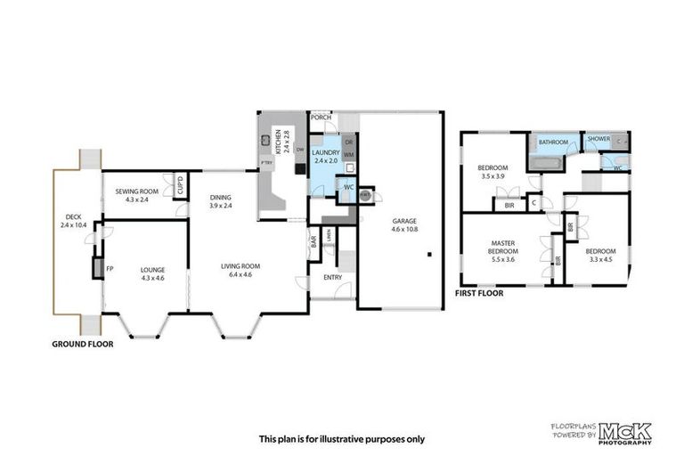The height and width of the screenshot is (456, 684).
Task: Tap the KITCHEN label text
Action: click(x=278, y=140)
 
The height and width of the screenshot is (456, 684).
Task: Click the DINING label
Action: click(x=221, y=198)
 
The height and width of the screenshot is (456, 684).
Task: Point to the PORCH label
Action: click(x=320, y=117)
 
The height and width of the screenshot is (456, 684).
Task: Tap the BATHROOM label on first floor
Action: click(x=552, y=141)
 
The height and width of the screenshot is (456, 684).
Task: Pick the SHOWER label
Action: click(x=598, y=139)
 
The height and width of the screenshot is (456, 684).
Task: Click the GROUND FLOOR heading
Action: click(x=82, y=344)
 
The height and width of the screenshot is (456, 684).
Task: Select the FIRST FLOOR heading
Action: click(x=479, y=293)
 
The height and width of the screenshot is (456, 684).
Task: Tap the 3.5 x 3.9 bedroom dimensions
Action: click(x=492, y=176)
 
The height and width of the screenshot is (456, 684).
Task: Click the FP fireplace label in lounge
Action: click(x=110, y=267)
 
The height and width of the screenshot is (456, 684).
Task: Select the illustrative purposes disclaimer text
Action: click(x=341, y=438)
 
